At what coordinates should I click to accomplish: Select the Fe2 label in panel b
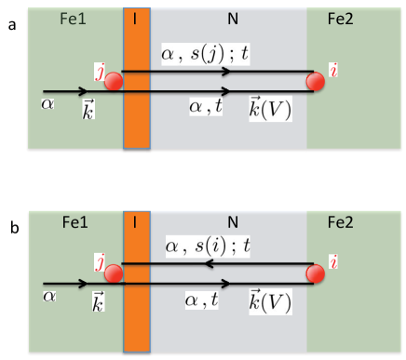coord(355,223)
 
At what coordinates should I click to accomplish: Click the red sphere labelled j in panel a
coord(113,81)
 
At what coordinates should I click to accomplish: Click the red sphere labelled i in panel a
coord(316,82)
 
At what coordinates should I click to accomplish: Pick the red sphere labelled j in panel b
coord(113,274)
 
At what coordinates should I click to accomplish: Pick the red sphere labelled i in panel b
coord(316,274)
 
